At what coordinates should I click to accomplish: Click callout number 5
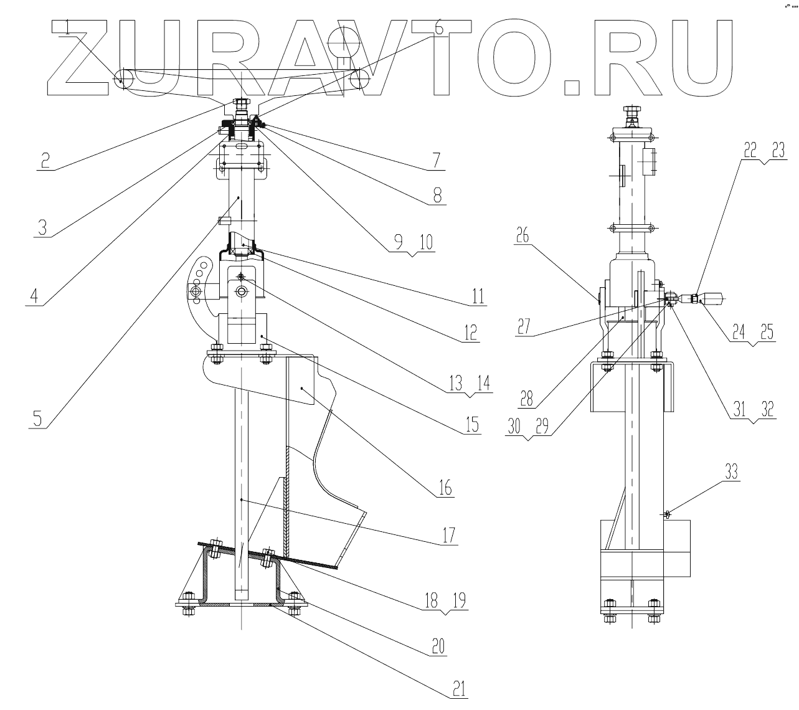pyautogui.click(x=37, y=417)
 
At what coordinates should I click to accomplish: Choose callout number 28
pyautogui.click(x=527, y=397)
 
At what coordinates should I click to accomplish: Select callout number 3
pyautogui.click(x=42, y=226)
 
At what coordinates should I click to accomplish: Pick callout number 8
pyautogui.click(x=437, y=194)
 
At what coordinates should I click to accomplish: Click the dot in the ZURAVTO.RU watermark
pyautogui.click(x=572, y=87)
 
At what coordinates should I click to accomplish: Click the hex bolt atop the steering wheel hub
pyautogui.click(x=239, y=103)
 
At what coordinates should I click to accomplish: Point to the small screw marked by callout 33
pyautogui.click(x=667, y=514)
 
